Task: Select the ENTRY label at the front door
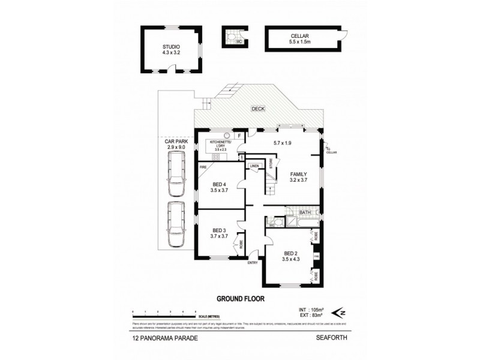click(x=253, y=262)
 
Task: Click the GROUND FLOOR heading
click(x=239, y=298)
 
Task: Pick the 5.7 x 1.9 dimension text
click(x=282, y=142)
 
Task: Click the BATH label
click(x=305, y=212)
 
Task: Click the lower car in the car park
click(x=176, y=224)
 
